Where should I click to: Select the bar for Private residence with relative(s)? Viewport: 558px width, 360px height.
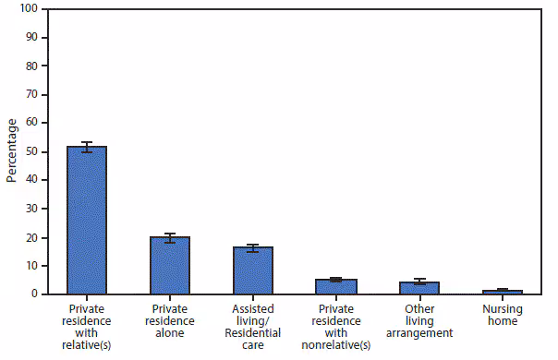click(87, 221)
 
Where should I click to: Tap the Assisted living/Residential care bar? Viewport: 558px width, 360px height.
click(253, 270)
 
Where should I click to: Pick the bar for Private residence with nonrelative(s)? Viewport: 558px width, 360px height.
click(336, 287)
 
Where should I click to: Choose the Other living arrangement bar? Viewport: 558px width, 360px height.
click(419, 288)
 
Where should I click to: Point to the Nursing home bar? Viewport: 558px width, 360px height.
click(502, 292)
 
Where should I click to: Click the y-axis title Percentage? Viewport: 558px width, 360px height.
click(12, 150)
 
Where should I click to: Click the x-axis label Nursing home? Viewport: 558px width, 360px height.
click(502, 315)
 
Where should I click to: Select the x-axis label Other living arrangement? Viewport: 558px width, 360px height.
click(419, 320)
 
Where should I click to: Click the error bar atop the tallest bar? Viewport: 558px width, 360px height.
click(87, 147)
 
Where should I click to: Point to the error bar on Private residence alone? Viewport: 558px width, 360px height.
click(170, 237)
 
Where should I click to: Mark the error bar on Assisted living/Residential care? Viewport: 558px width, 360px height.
click(253, 248)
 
